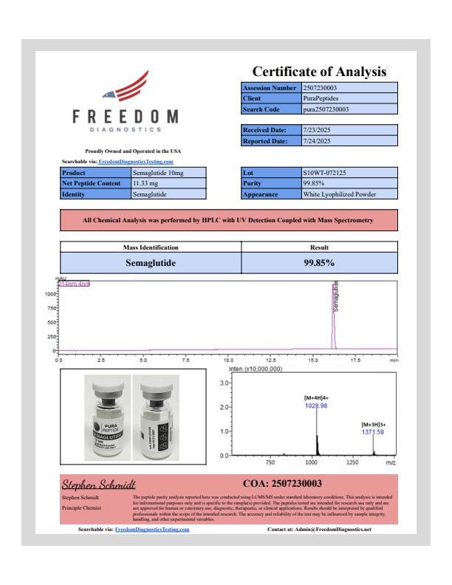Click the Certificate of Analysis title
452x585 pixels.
(x=319, y=72)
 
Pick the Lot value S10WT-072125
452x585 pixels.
(x=323, y=173)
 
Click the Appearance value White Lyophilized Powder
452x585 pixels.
(x=340, y=194)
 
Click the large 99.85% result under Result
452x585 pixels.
(x=319, y=262)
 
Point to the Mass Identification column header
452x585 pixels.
(x=150, y=247)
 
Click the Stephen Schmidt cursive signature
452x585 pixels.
(x=98, y=485)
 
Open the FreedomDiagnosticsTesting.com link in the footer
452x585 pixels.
(x=152, y=530)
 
